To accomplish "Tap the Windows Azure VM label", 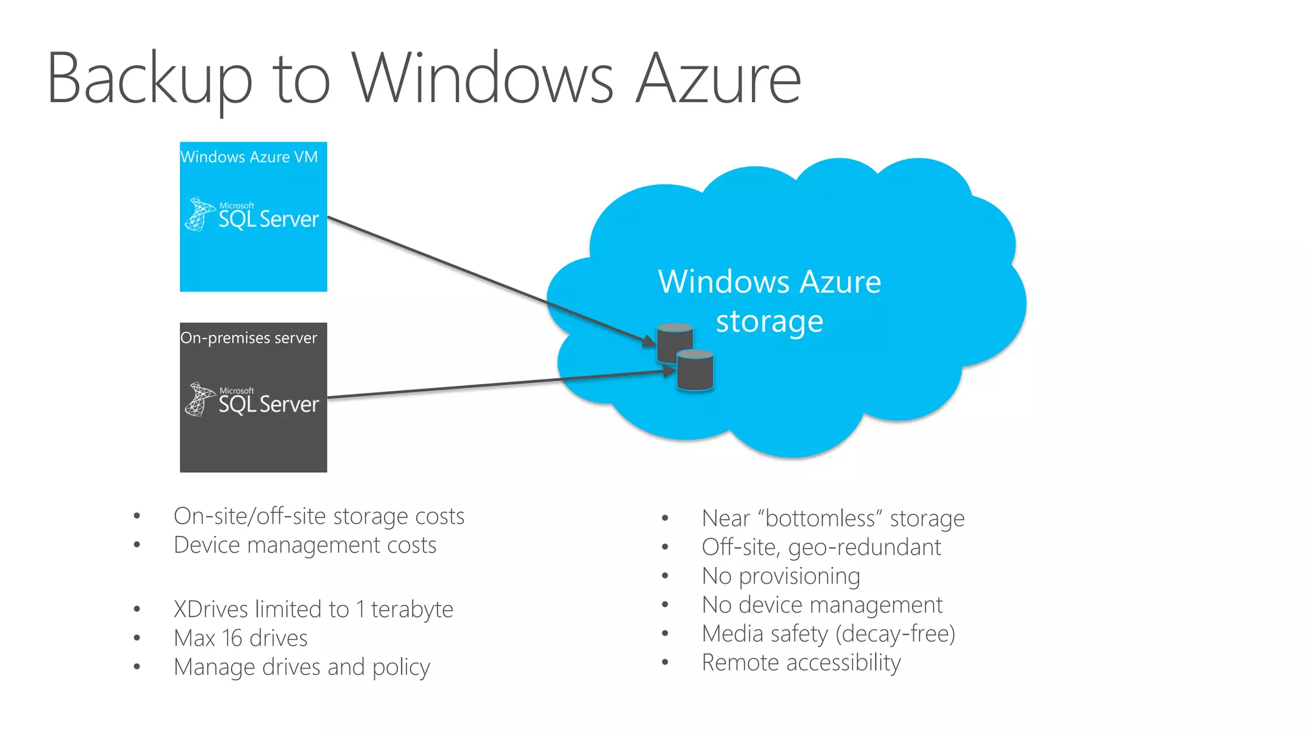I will (249, 157).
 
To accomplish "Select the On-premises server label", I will (249, 338).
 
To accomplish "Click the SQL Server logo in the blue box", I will (253, 215).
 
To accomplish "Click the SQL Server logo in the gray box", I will (253, 400).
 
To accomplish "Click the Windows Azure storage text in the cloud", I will (770, 301).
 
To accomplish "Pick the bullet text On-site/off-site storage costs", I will (319, 516).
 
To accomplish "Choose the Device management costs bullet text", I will (305, 546).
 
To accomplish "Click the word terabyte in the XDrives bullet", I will (412, 609).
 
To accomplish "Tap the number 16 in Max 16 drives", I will (232, 638).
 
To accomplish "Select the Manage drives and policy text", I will (302, 667).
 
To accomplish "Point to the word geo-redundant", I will (865, 547).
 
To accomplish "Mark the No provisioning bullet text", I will (781, 576).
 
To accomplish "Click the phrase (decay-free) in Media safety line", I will (895, 634).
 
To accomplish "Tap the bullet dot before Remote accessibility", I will (665, 663).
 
